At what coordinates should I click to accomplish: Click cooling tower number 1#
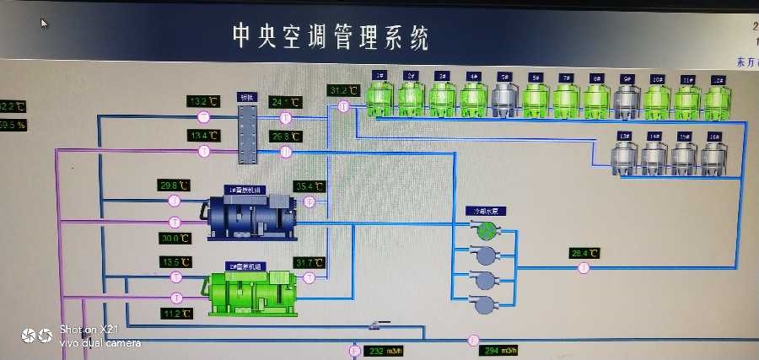[x=380, y=98]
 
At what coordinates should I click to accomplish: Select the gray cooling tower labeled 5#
[x=503, y=99]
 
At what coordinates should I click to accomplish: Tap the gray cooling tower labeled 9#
[x=626, y=100]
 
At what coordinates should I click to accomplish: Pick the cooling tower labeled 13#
[x=625, y=157]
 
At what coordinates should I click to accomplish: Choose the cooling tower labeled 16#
[x=713, y=157]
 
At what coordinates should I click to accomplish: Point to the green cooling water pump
[x=486, y=228]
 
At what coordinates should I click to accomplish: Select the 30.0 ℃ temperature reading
[x=175, y=238]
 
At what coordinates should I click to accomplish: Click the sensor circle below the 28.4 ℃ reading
[x=583, y=269]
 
